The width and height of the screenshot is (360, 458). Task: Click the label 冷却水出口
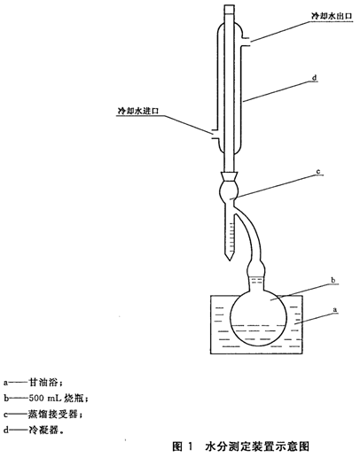pyautogui.click(x=333, y=16)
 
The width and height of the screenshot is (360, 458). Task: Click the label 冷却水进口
pyautogui.click(x=138, y=111)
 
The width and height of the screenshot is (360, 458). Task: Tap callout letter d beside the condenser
pyautogui.click(x=315, y=77)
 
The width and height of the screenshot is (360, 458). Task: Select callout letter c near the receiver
pyautogui.click(x=318, y=172)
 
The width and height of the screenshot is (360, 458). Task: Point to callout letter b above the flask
pyautogui.click(x=333, y=280)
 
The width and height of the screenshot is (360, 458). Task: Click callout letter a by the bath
pyautogui.click(x=335, y=310)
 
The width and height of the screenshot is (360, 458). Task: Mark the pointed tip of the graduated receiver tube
pyautogui.click(x=230, y=260)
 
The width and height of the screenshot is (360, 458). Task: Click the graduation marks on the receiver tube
pyautogui.click(x=232, y=237)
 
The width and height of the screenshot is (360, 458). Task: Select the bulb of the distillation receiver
pyautogui.click(x=229, y=191)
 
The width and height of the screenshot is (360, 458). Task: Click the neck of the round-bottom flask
pyautogui.click(x=256, y=282)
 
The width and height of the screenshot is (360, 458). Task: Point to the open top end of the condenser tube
pyautogui.click(x=229, y=5)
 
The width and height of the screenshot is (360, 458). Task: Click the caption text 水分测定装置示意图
pyautogui.click(x=257, y=446)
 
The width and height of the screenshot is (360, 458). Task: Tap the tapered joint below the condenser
pyautogui.click(x=229, y=177)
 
